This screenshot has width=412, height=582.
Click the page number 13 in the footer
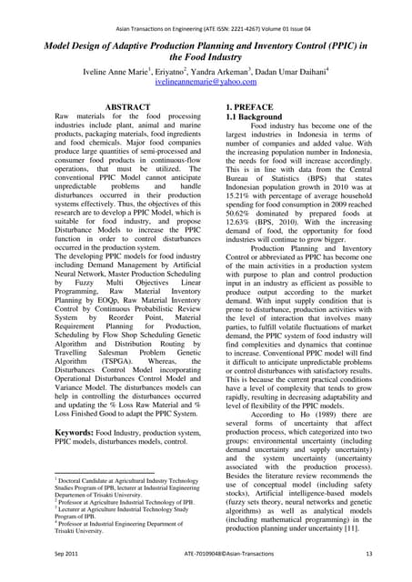pos(368,554)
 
